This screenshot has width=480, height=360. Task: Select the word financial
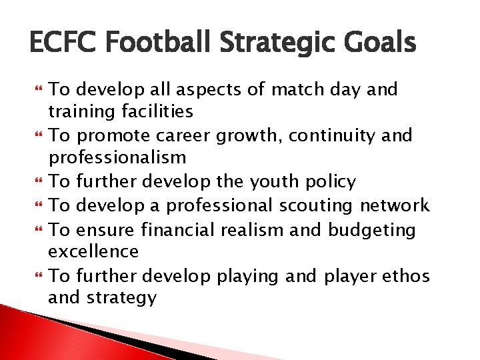pos(179,230)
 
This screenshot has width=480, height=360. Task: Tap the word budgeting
pos(371,231)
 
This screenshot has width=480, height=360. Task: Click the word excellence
pos(93,252)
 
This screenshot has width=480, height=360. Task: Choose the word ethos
pos(406,275)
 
